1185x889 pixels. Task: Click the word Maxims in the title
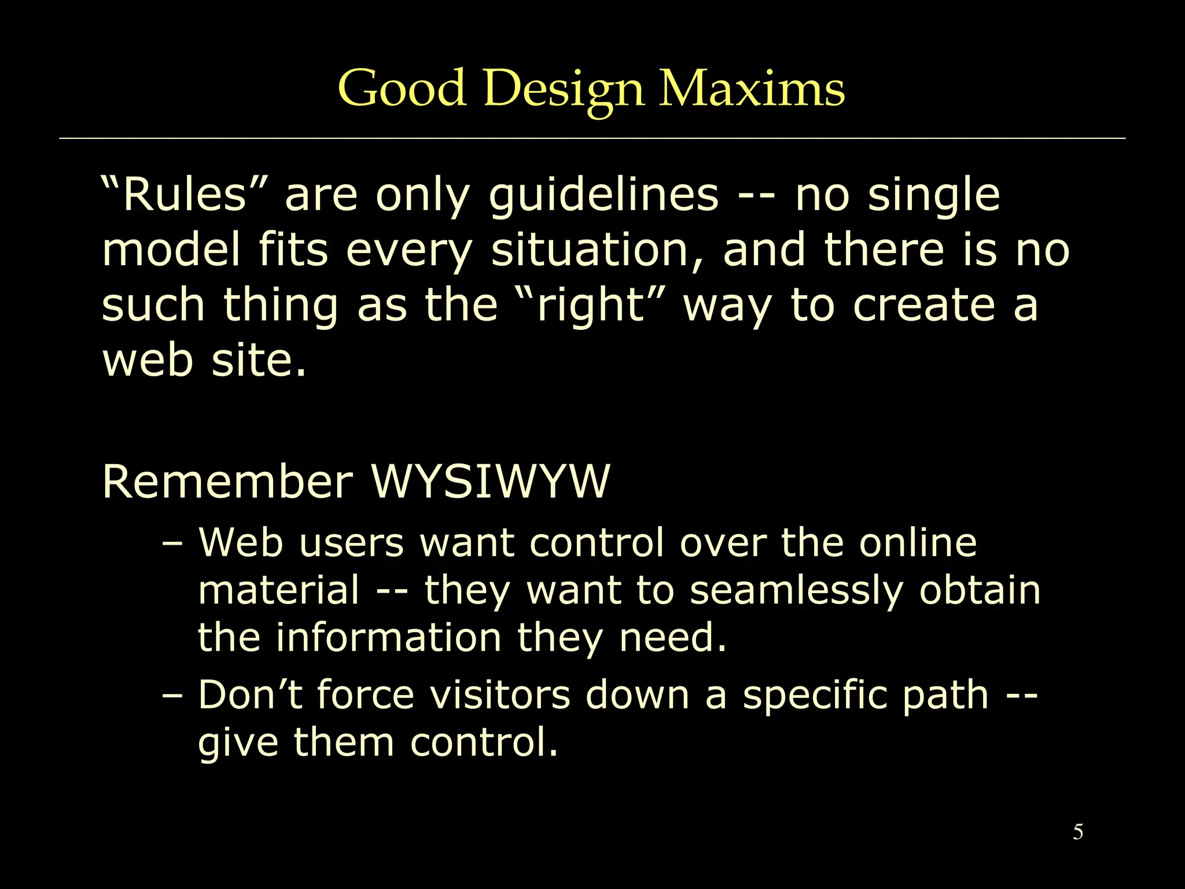tap(752, 88)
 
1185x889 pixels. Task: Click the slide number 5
tap(1078, 832)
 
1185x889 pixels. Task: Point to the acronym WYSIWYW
tap(491, 482)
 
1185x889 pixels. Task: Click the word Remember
tap(227, 482)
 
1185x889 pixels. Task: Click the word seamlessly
tap(796, 592)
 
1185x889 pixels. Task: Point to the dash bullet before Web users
tap(172, 544)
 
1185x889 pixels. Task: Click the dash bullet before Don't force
tap(172, 695)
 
